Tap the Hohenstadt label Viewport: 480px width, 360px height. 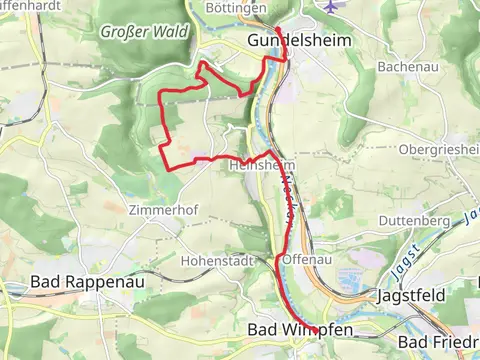click(x=213, y=260)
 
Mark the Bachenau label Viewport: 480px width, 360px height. click(x=403, y=67)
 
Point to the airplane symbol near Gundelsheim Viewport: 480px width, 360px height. click(x=331, y=5)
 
